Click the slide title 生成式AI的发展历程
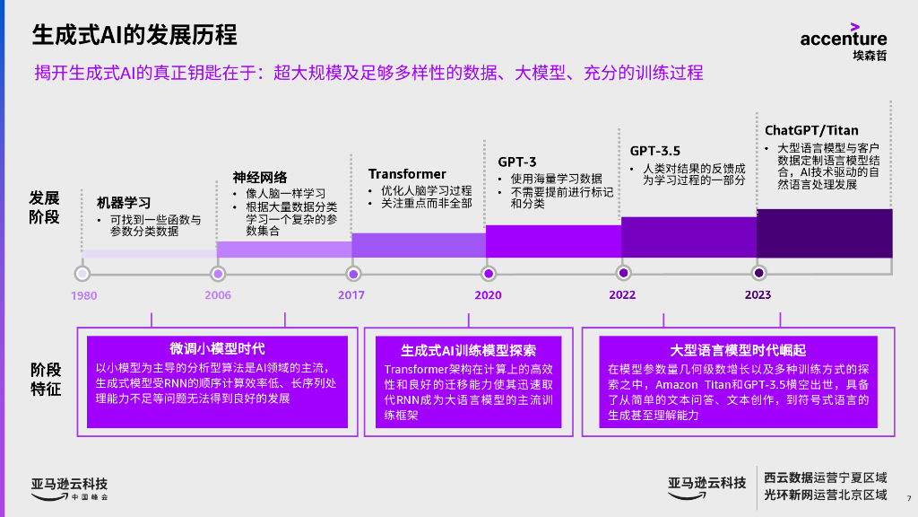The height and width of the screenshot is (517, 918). [x=135, y=35]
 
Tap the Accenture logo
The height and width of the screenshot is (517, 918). [x=844, y=40]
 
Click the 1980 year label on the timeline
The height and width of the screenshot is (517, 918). [x=84, y=295]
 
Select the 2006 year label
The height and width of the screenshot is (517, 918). [x=218, y=295]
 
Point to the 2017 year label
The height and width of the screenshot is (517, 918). [x=351, y=294]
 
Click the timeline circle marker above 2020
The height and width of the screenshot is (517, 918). [x=489, y=273]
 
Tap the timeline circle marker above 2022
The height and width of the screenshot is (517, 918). [x=623, y=273]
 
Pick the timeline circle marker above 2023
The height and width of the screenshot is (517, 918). [x=759, y=273]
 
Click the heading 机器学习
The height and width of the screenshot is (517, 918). [x=124, y=203]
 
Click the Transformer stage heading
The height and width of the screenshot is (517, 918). [x=407, y=173]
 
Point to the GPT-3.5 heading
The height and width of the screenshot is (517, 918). [x=654, y=151]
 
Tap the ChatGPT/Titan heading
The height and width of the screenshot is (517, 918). [x=811, y=130]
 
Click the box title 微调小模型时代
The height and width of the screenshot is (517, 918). [x=217, y=348]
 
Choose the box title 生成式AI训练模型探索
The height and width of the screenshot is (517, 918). [x=468, y=350]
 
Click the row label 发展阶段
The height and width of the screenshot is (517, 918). [x=45, y=206]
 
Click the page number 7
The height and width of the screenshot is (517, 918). [x=908, y=499]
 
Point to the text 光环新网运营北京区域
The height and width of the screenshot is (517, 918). [x=825, y=495]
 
